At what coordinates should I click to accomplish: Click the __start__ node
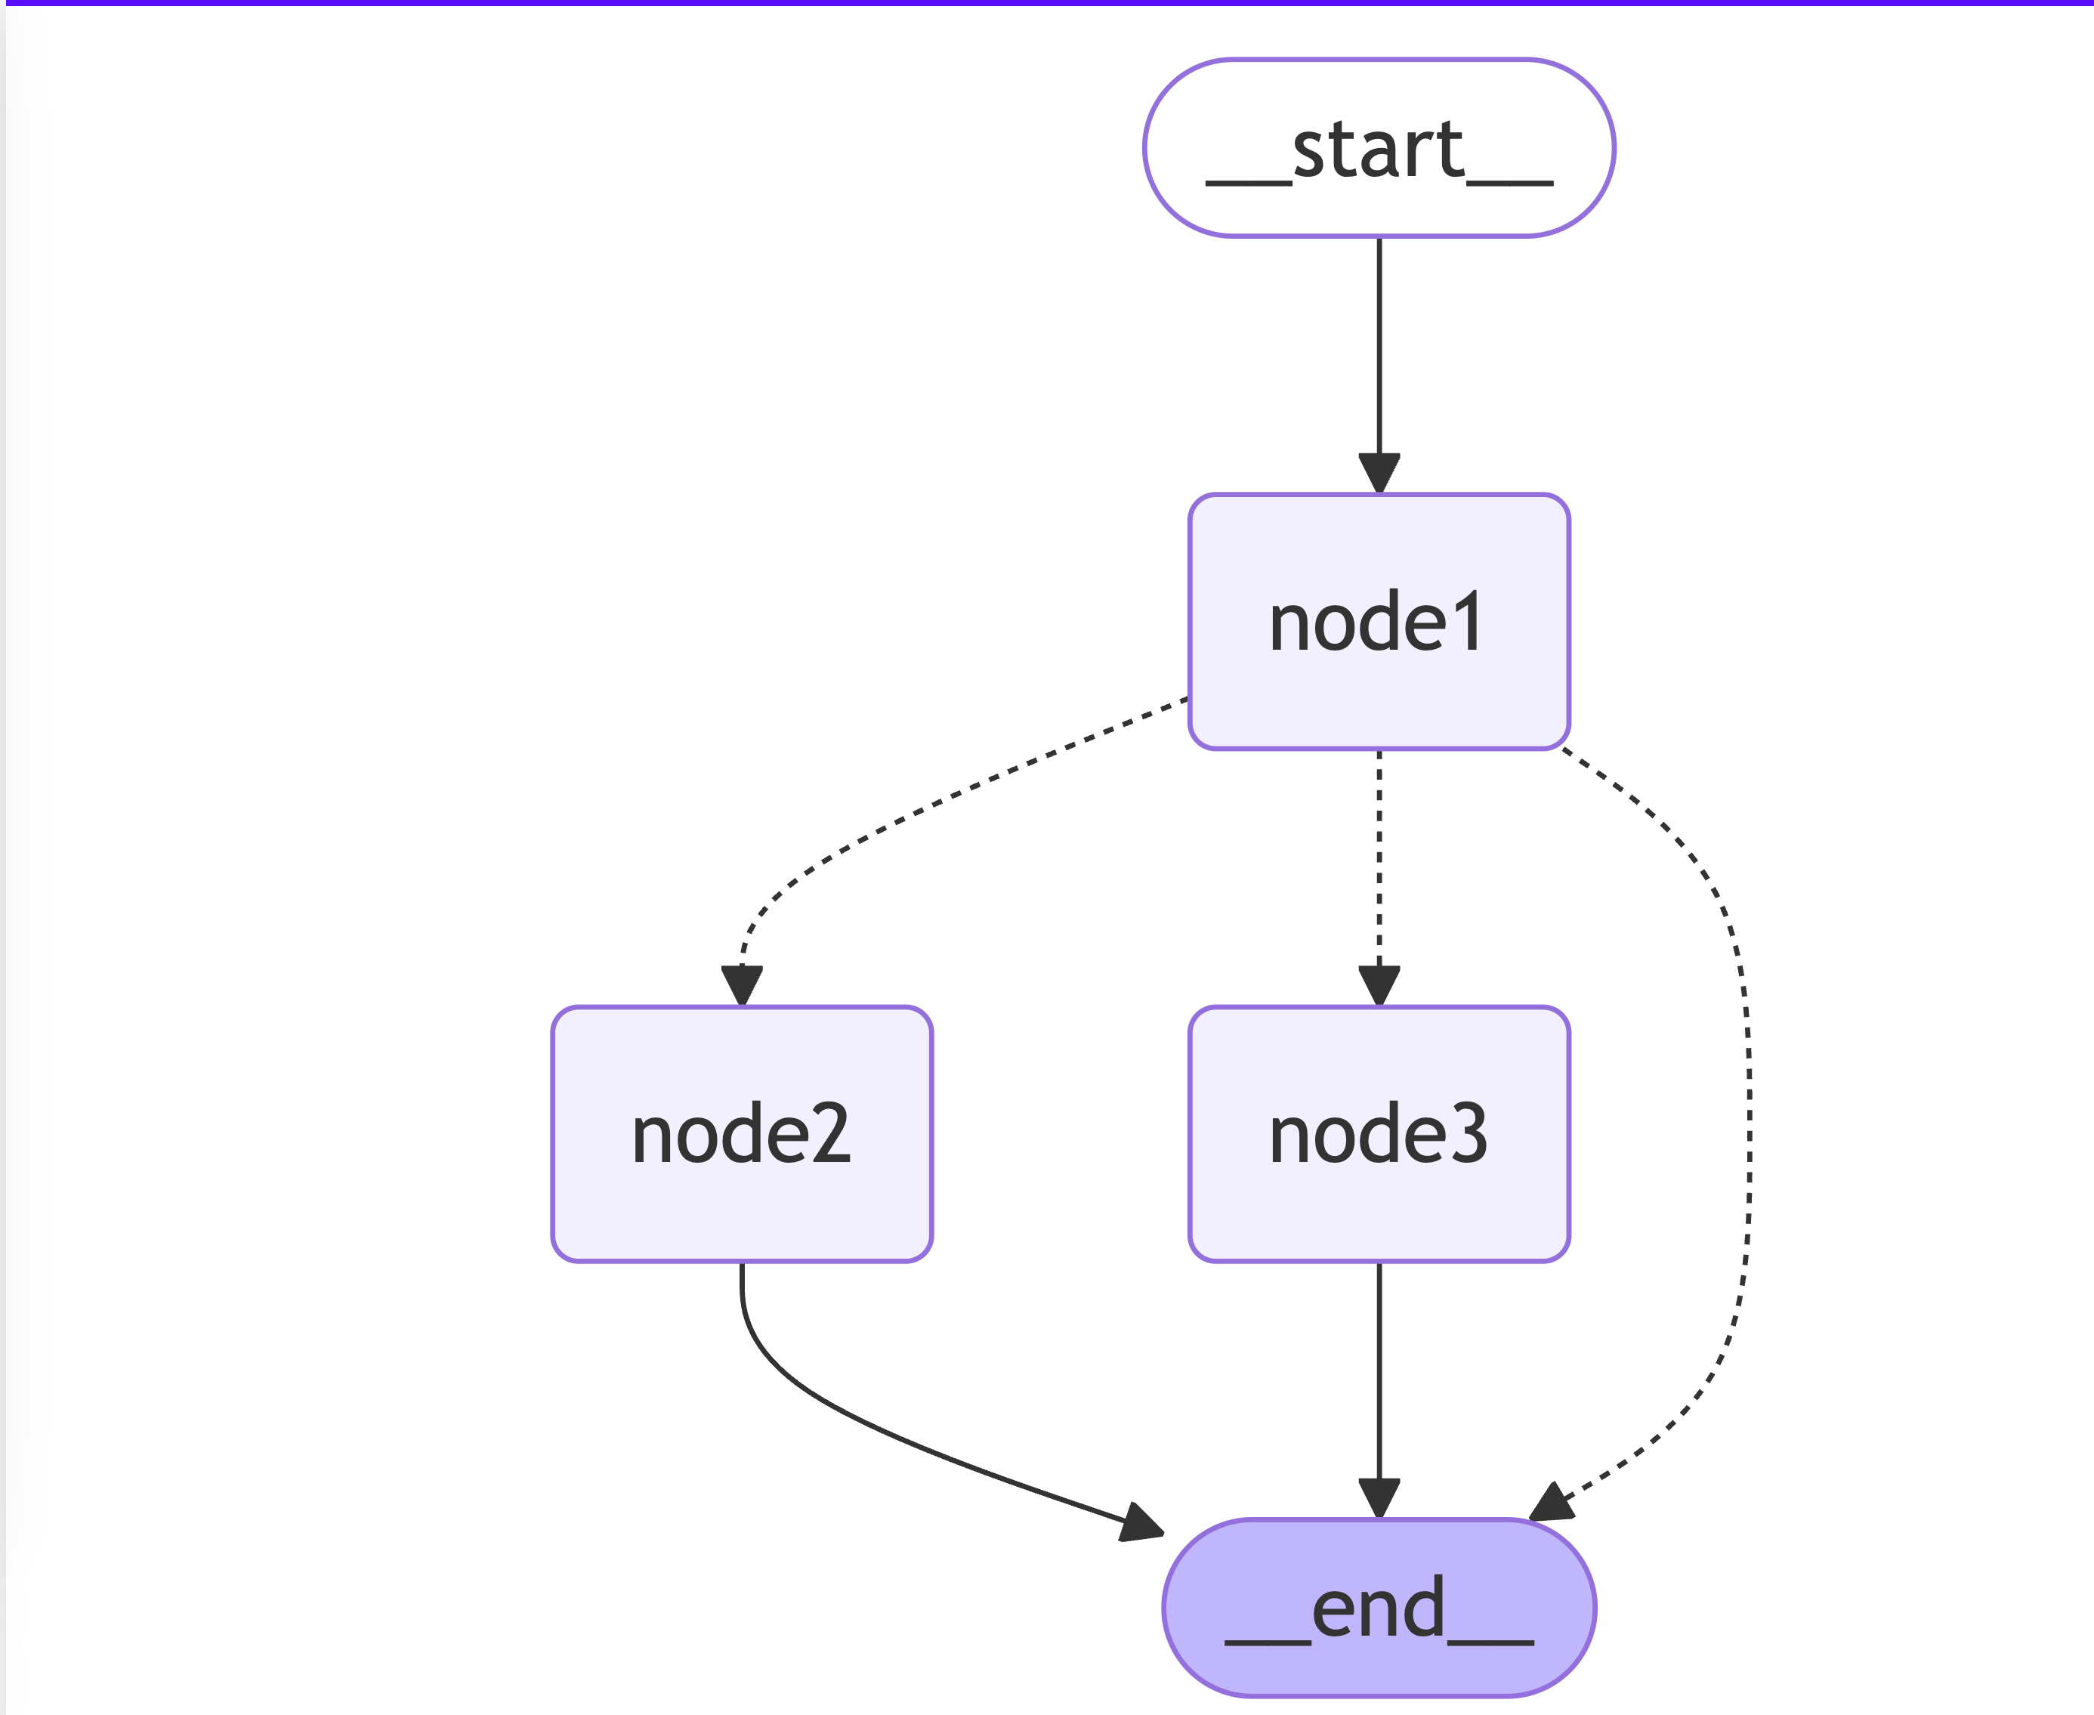click(1379, 148)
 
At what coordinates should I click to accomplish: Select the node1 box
click(1379, 621)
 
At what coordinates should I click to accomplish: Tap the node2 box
click(742, 1134)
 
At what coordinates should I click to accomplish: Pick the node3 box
click(1379, 1134)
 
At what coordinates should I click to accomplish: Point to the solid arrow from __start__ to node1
click(1379, 366)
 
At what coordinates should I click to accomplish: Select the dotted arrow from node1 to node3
click(1379, 878)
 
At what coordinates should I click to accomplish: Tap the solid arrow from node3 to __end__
click(1379, 1391)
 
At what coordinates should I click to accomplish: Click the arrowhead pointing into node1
click(1379, 473)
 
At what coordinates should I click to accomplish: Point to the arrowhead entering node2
click(742, 986)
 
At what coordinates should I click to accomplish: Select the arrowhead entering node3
click(1379, 986)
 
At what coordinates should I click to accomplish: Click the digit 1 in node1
click(1468, 621)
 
